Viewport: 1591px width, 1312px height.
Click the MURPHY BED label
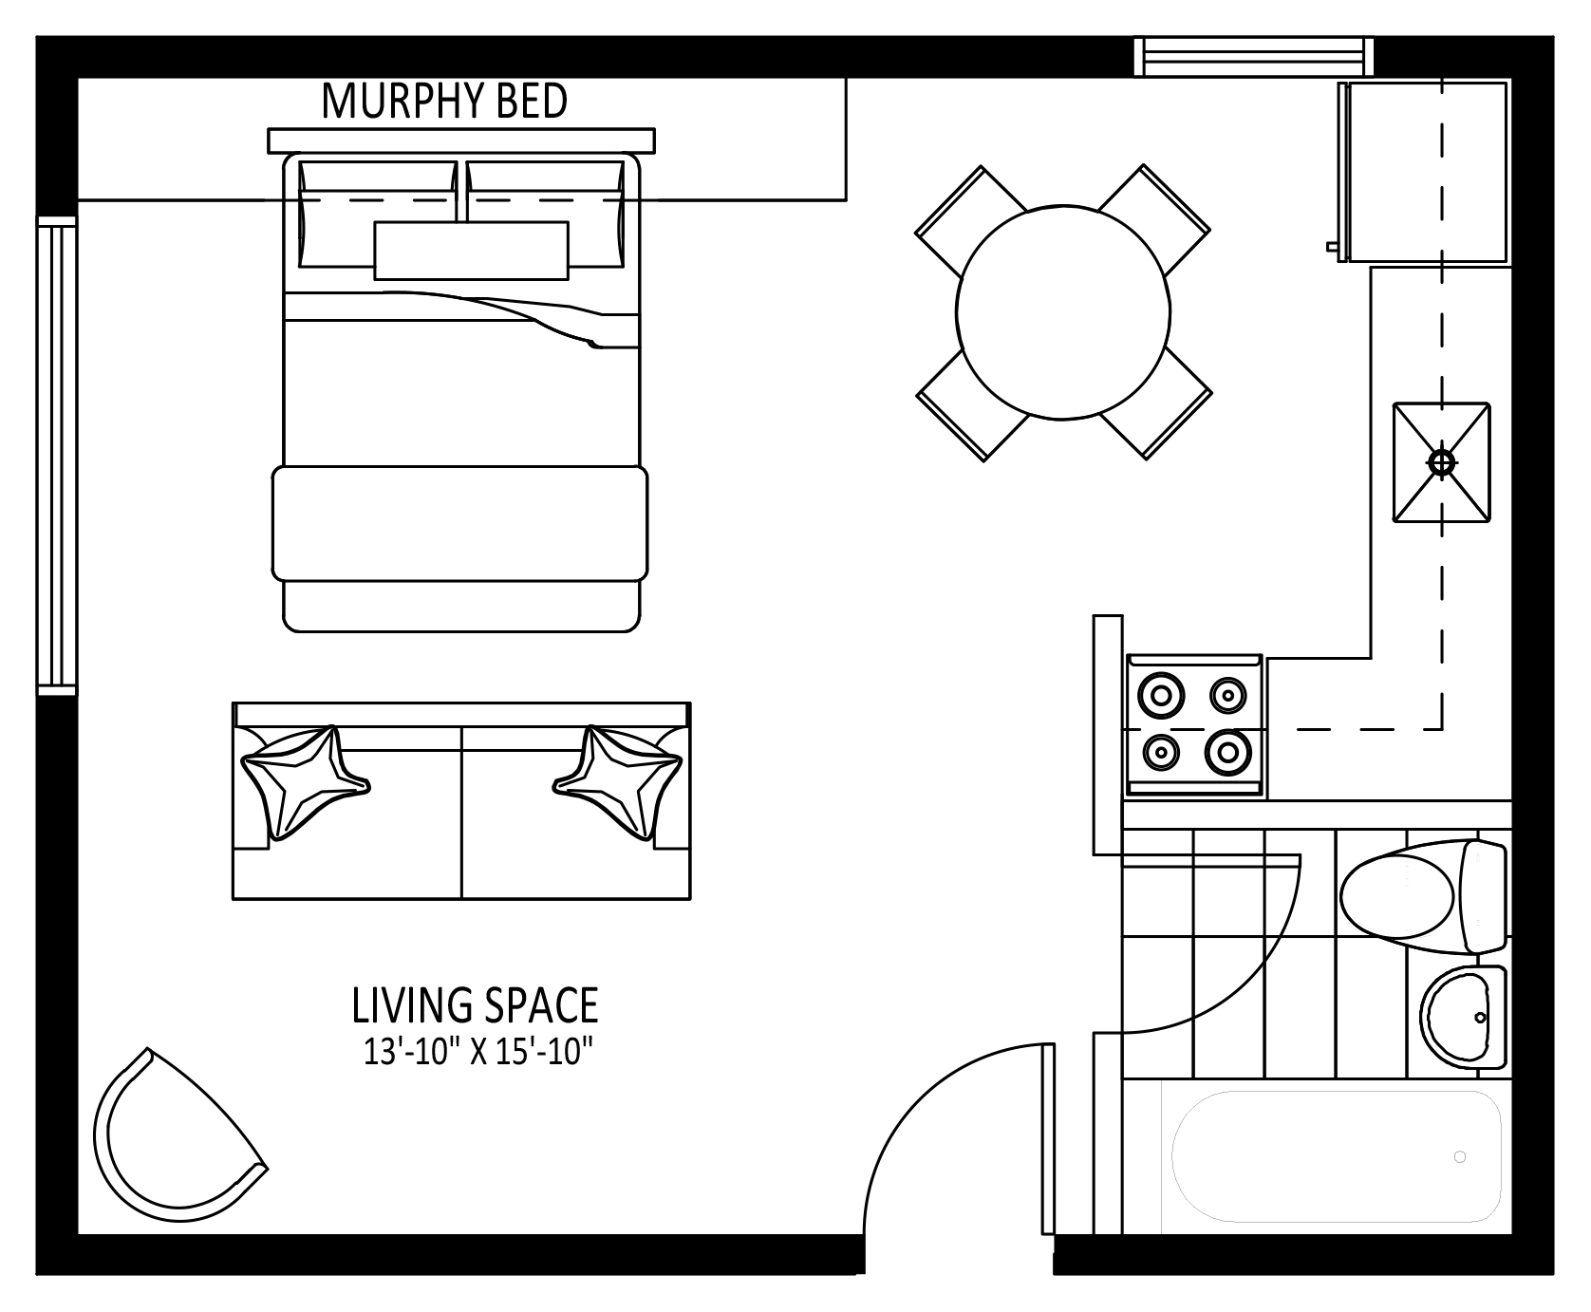click(x=444, y=102)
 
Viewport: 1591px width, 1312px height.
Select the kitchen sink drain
click(x=1442, y=462)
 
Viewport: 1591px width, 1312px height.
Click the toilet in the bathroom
click(x=1423, y=897)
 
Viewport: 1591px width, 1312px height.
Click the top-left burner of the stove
click(x=1160, y=695)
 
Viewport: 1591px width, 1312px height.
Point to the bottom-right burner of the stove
click(x=1227, y=754)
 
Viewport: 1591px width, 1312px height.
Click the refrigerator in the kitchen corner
click(x=1422, y=172)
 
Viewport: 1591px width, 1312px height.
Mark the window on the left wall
click(x=57, y=456)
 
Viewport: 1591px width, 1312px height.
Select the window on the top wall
click(x=1255, y=56)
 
